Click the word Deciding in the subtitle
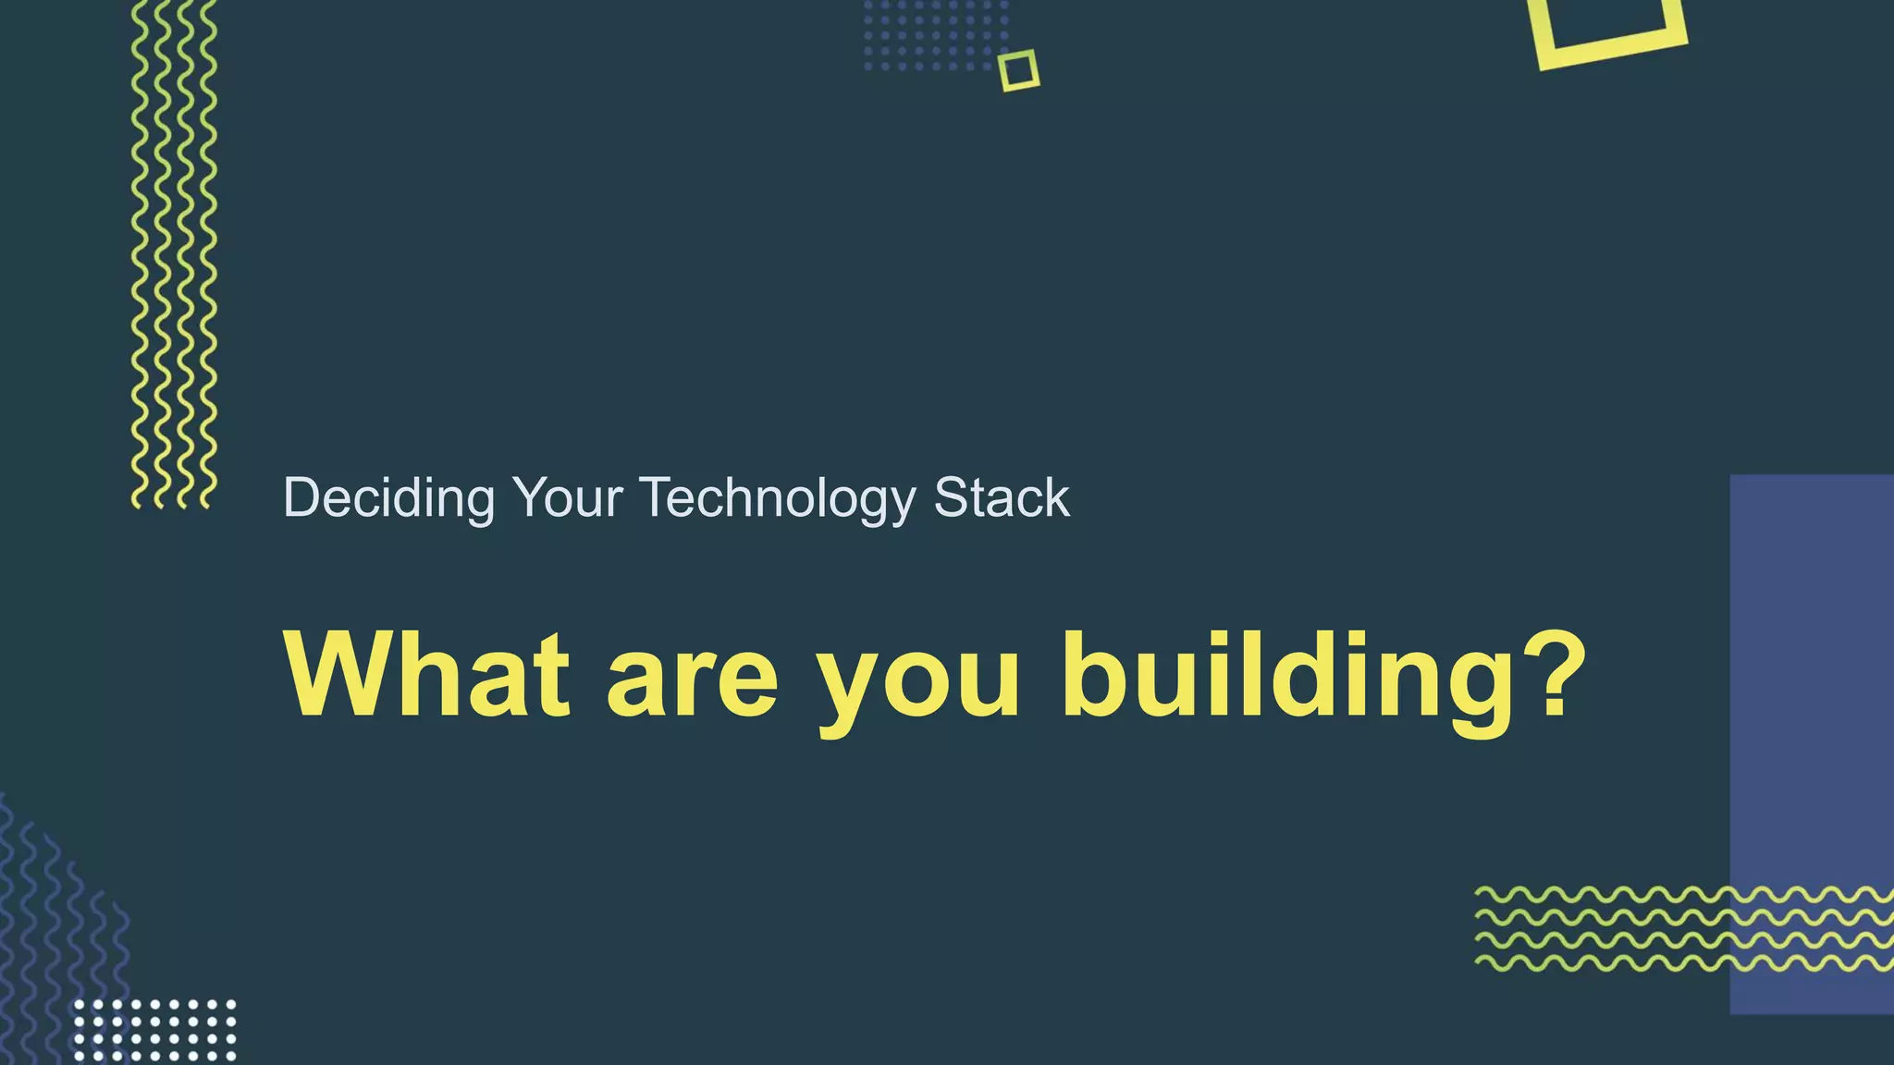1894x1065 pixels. (388, 498)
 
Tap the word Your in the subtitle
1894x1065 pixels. (567, 498)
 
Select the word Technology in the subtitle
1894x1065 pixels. (777, 498)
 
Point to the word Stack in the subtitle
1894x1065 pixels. (1002, 498)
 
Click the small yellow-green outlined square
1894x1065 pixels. (1018, 70)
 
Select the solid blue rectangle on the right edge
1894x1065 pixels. (1811, 740)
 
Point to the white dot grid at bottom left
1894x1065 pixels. (154, 1030)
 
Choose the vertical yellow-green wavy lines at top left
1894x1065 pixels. (174, 254)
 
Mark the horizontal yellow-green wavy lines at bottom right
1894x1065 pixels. (1683, 929)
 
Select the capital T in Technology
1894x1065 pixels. (658, 498)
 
